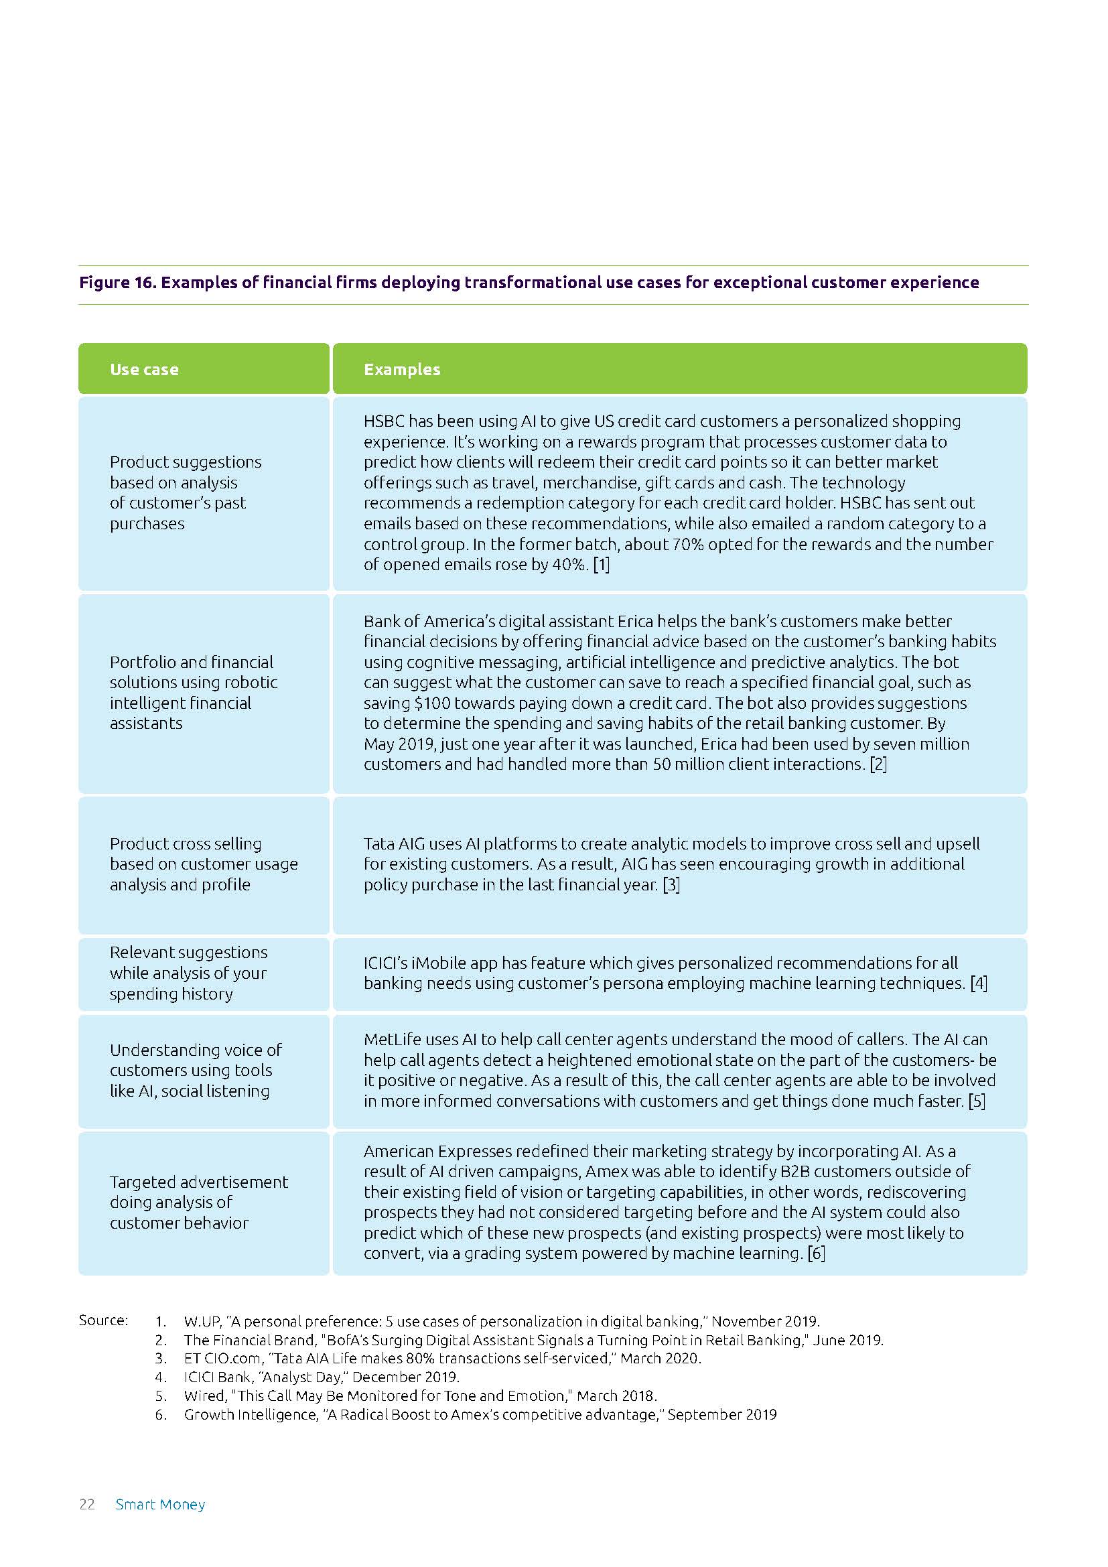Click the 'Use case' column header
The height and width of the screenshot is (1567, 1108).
(x=144, y=369)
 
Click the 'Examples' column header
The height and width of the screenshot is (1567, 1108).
(x=402, y=369)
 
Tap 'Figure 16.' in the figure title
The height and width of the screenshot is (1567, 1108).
(x=117, y=283)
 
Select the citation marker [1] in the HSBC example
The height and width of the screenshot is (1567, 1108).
(x=601, y=564)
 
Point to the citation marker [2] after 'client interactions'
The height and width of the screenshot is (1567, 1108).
(x=878, y=764)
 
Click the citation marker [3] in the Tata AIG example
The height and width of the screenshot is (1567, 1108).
(x=671, y=884)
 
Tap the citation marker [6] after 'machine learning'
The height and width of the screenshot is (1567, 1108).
(x=816, y=1253)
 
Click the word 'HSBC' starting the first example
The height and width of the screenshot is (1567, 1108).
(x=384, y=421)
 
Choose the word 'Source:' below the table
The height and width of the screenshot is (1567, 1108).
(x=103, y=1320)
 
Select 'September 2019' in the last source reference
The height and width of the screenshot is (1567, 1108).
(x=722, y=1414)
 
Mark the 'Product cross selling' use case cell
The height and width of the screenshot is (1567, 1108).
(x=204, y=864)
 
